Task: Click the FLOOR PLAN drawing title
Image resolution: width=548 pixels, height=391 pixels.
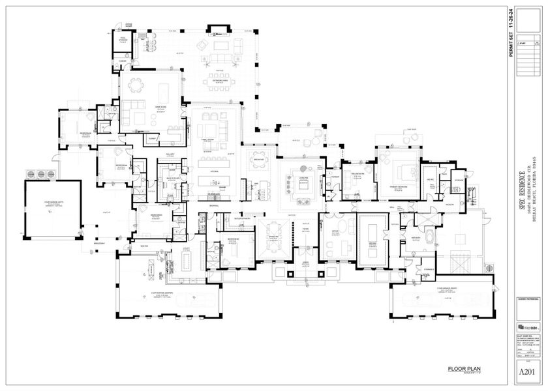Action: click(464, 369)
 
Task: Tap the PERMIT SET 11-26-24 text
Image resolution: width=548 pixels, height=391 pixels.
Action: click(510, 32)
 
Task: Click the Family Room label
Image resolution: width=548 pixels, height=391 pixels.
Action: click(211, 138)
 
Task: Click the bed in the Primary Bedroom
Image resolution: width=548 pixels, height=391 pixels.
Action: click(399, 171)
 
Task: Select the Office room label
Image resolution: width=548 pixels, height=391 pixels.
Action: click(335, 231)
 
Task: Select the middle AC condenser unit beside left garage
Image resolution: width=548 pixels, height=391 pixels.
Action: click(41, 173)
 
